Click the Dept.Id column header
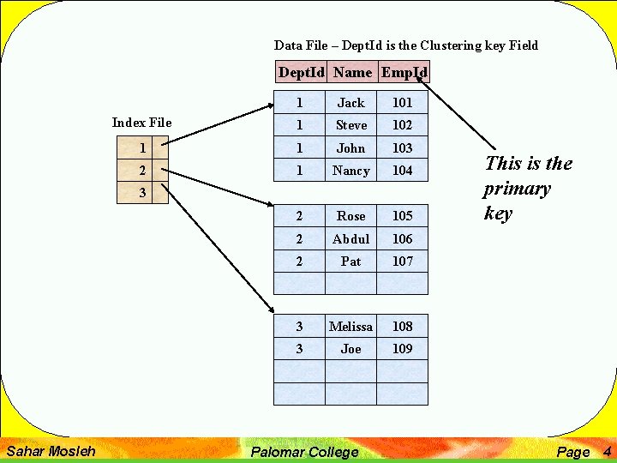[x=302, y=72]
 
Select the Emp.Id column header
[x=404, y=72]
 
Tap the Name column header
[x=352, y=72]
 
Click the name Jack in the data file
[x=350, y=103]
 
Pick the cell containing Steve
[x=350, y=125]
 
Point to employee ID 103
[x=402, y=148]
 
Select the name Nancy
[x=350, y=171]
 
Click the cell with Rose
[x=350, y=216]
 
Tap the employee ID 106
[x=402, y=239]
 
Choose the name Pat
[x=350, y=262]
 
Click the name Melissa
[x=350, y=327]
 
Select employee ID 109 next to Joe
[x=402, y=349]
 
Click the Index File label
[x=141, y=123]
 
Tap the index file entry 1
[x=142, y=148]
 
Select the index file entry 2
[x=142, y=171]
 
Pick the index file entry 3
[x=142, y=194]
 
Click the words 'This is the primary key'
[x=528, y=189]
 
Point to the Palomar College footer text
[x=304, y=452]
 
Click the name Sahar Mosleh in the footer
[x=51, y=451]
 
